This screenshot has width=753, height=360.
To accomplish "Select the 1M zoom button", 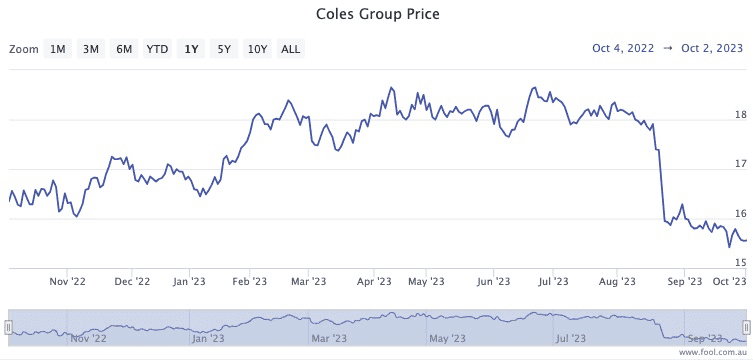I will (x=58, y=48).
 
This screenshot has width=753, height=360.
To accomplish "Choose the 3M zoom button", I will (x=91, y=48).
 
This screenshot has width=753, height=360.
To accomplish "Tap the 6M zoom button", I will (x=124, y=48).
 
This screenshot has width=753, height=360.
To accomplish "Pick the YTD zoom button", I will (x=157, y=48).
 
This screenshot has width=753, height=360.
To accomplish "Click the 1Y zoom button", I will (x=190, y=48).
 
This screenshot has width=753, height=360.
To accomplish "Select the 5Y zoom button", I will (x=224, y=48).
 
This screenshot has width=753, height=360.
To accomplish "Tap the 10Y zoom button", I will (x=257, y=48).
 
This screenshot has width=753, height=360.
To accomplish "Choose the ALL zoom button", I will (x=290, y=48).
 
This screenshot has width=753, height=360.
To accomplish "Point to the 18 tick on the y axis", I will (x=740, y=115).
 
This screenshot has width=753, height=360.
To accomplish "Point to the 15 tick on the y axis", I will (x=740, y=262).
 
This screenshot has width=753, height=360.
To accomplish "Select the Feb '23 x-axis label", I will (x=249, y=282).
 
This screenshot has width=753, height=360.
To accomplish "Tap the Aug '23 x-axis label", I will (x=616, y=282).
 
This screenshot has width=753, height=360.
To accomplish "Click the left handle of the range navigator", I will (x=7, y=355).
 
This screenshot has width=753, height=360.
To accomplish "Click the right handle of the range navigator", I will (x=746, y=355).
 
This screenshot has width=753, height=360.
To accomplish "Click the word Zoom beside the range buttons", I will (x=23, y=48).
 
